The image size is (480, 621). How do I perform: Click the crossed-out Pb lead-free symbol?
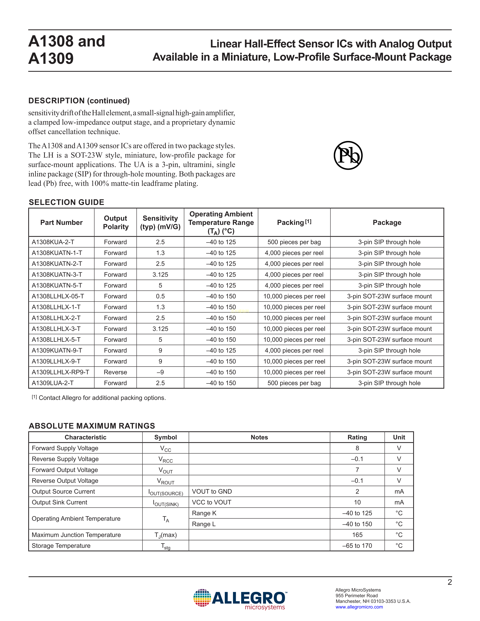point(348,156)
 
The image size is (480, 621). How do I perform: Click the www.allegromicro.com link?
point(359,607)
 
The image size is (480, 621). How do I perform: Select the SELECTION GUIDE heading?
point(66,202)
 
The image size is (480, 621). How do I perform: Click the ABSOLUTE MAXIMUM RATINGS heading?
point(92,426)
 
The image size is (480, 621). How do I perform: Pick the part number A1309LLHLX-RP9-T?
point(60,372)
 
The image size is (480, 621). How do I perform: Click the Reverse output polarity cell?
point(115,372)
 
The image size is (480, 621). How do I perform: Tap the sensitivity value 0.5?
point(160,296)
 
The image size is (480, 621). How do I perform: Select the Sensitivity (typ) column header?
point(160,222)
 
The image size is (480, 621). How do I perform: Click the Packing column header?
point(294,222)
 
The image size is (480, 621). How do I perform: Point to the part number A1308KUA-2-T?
point(53,242)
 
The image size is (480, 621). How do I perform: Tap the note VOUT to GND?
point(212,491)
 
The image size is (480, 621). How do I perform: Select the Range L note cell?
point(204,524)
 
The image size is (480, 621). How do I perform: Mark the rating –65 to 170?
point(357,546)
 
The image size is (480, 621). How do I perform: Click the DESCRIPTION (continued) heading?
point(79,101)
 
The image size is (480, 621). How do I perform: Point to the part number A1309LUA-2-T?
point(53,383)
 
